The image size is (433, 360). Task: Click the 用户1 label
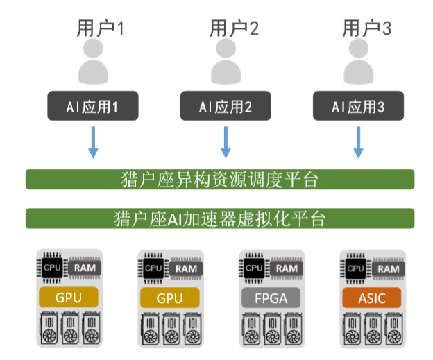coord(100,28)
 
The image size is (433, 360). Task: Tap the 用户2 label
coord(234,28)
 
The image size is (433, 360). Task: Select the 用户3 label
coord(366,28)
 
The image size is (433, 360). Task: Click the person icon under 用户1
coord(93,61)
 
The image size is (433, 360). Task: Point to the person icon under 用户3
coord(359,61)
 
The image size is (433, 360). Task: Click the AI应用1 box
coord(93,105)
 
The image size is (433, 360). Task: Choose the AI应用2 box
coord(226,105)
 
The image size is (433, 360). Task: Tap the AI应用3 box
coord(358,105)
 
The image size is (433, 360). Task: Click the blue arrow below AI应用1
coord(93,142)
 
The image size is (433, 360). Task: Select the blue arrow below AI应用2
coord(226,142)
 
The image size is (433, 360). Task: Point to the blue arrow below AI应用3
coord(359,142)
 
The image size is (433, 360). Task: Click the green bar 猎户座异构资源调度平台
coord(220,180)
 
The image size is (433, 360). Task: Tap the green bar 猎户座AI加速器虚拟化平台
coord(220,218)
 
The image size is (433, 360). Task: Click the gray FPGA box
coord(271,298)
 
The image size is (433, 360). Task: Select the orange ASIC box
coord(372,298)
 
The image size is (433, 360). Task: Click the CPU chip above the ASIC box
coord(356,268)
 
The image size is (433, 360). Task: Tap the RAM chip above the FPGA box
coord(287,268)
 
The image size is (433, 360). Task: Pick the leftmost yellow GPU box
coord(69,298)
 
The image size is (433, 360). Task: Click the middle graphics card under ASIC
coord(373,329)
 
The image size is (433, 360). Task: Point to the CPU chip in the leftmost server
coord(52,268)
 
